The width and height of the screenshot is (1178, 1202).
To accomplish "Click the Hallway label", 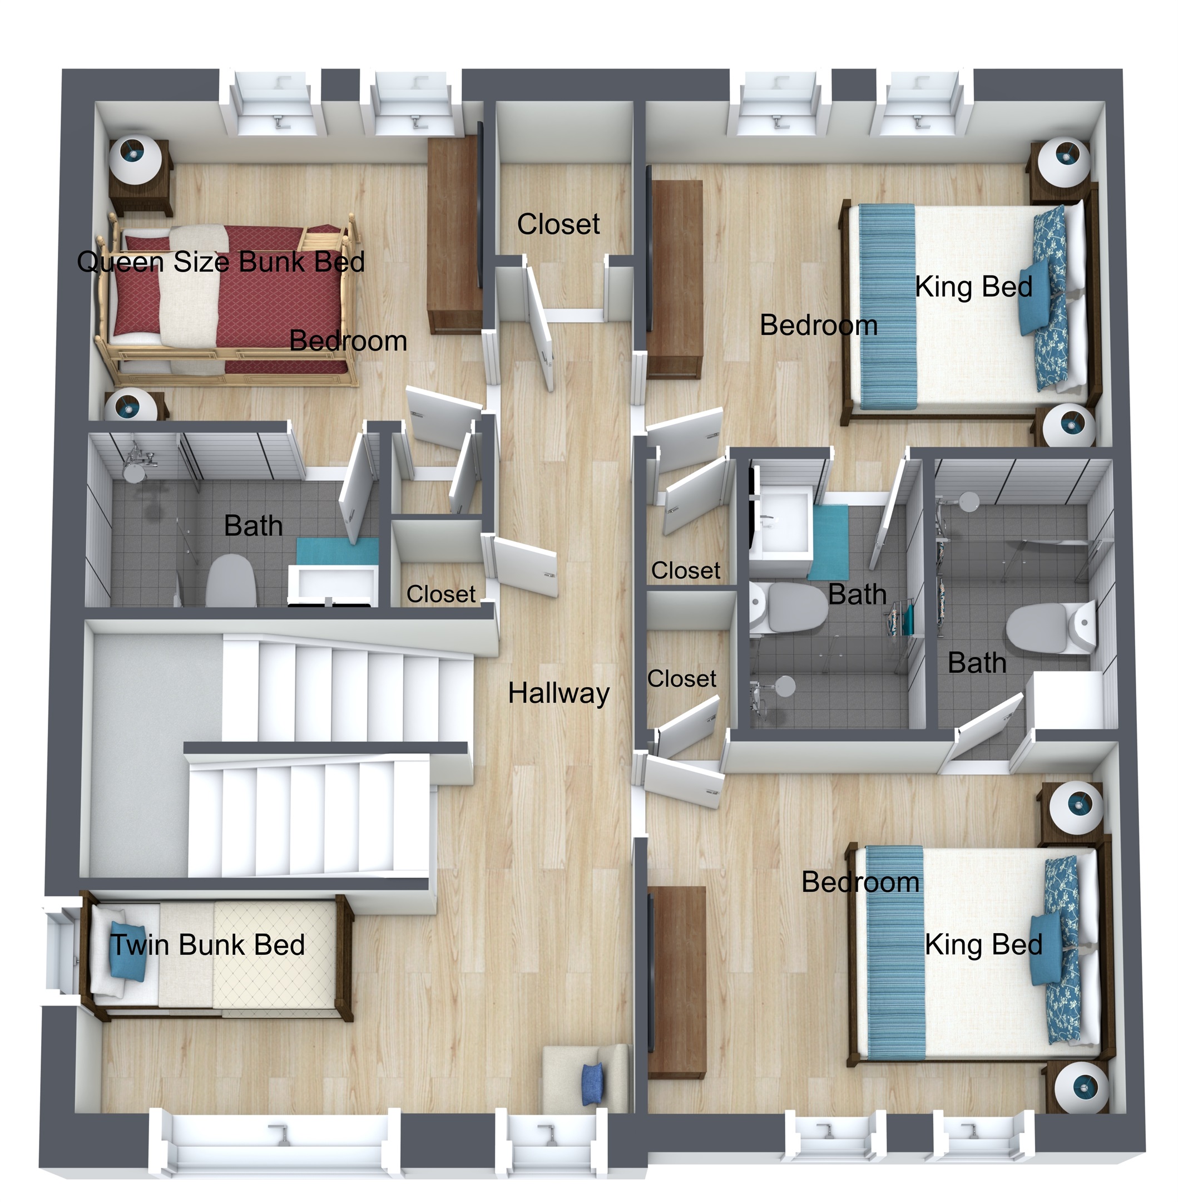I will [x=558, y=693].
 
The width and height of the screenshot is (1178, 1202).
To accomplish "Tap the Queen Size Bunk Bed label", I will [x=221, y=261].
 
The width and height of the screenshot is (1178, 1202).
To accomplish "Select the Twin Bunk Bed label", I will [x=207, y=945].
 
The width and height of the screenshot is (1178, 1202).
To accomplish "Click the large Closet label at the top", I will [x=558, y=224].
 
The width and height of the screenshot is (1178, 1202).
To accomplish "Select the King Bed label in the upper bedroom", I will [x=973, y=287].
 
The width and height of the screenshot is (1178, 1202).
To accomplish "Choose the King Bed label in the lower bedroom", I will [x=983, y=945].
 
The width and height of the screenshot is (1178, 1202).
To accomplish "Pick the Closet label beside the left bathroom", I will [x=440, y=594].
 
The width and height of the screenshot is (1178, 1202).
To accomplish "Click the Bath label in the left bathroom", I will [x=253, y=525].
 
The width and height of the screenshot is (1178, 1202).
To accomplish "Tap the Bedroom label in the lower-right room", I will [x=860, y=882].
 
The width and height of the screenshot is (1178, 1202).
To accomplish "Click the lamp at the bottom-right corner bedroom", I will [x=1081, y=1087].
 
